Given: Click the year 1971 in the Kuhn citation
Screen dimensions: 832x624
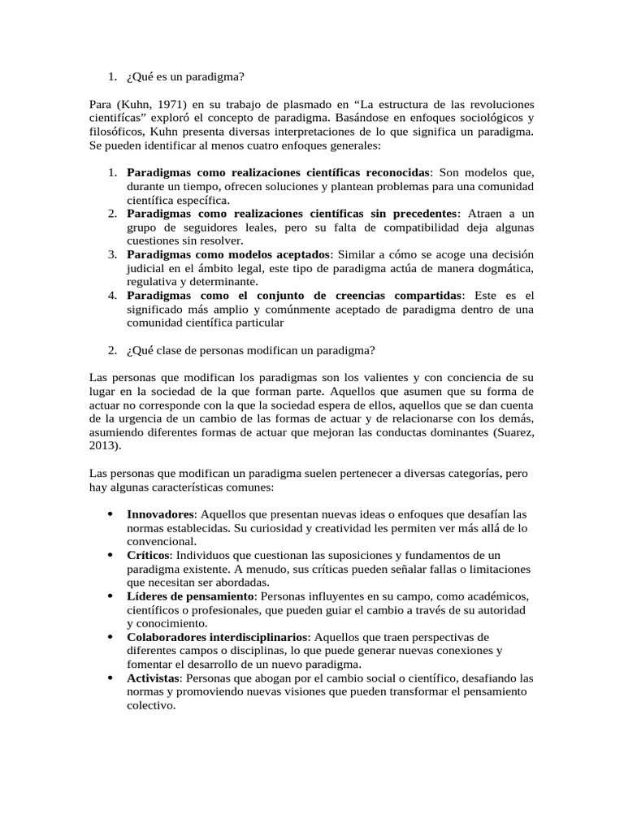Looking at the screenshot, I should (x=165, y=106).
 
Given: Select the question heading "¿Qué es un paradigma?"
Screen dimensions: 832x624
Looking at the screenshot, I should (x=185, y=77).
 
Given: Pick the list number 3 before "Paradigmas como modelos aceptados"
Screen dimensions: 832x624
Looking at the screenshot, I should (x=113, y=254).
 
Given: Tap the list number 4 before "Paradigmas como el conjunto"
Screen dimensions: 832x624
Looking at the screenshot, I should (x=113, y=295).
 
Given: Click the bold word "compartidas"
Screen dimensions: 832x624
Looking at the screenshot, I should (x=423, y=295).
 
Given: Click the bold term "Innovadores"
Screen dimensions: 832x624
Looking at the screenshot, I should (x=160, y=514).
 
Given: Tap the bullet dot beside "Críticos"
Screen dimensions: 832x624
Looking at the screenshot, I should (x=110, y=555).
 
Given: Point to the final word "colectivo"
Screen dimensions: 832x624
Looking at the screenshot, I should (x=150, y=706).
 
